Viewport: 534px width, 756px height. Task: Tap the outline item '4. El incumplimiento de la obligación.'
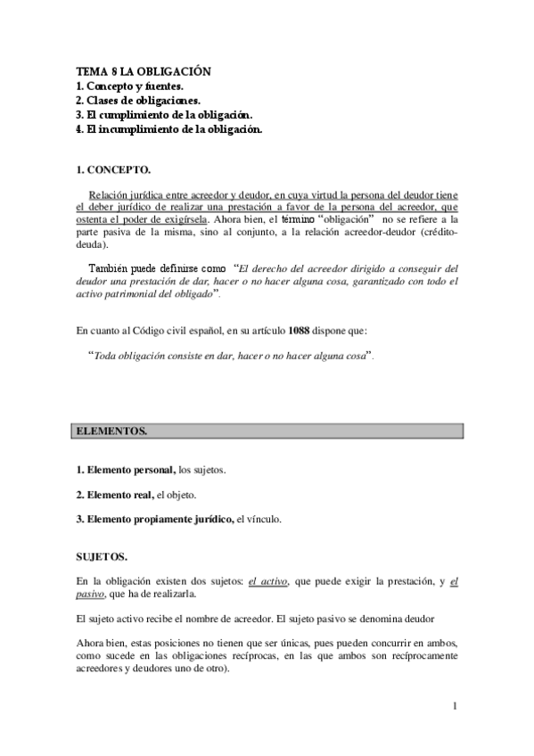[x=168, y=129]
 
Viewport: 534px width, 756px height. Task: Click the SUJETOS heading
[x=102, y=557]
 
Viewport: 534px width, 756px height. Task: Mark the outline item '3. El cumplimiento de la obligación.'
[x=165, y=115]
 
